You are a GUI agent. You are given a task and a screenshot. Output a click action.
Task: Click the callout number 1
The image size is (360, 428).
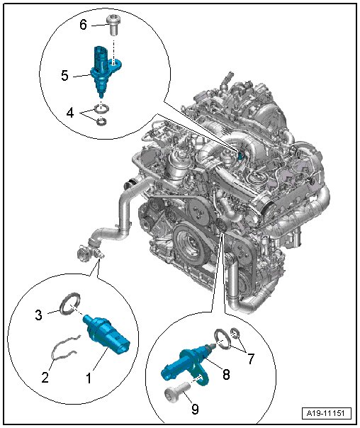(89, 378)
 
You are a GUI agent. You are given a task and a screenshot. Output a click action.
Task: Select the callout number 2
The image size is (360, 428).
(45, 377)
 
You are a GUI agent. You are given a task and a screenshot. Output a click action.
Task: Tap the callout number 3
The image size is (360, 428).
(39, 315)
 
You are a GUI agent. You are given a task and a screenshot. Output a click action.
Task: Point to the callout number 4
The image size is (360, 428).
(70, 112)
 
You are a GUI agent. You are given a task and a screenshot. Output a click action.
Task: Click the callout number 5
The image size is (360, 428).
(64, 75)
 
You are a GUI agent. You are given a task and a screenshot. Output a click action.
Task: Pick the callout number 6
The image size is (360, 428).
(83, 25)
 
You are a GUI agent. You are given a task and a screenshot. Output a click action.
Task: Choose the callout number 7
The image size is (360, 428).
(251, 359)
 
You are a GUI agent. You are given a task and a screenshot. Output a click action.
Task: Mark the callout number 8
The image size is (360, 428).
(226, 374)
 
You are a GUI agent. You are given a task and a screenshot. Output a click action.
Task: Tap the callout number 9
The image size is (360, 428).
(195, 409)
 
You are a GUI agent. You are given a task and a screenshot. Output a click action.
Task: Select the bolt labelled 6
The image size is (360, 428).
(112, 25)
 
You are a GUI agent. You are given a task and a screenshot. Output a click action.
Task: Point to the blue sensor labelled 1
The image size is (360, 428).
(107, 334)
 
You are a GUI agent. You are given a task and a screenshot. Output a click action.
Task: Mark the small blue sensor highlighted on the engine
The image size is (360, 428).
(240, 156)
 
